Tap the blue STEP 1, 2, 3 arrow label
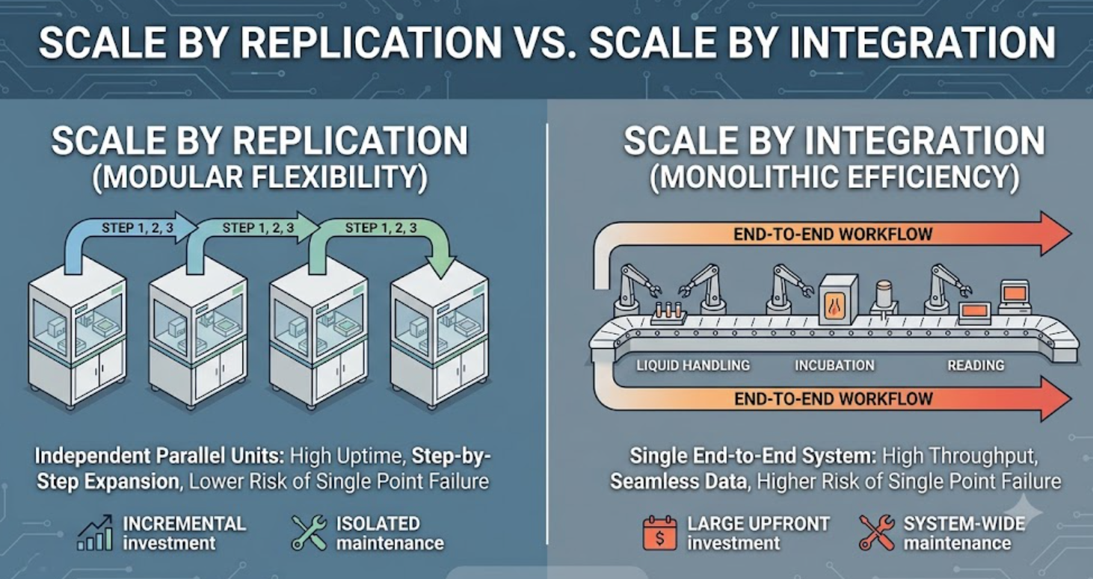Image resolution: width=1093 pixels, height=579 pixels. (137, 228)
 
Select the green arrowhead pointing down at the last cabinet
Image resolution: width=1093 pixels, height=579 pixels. (441, 267)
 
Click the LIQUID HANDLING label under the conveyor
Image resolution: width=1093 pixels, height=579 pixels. (693, 365)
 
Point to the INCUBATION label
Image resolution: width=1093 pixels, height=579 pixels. (834, 365)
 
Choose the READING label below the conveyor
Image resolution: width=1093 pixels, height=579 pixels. (976, 365)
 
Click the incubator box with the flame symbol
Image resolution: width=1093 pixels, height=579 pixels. (838, 300)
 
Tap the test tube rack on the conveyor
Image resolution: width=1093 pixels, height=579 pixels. (669, 313)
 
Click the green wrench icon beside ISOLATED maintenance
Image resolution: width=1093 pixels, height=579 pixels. (310, 533)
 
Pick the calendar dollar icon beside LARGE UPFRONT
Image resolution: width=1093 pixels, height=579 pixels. (659, 533)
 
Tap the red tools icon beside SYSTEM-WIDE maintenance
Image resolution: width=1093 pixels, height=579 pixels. (877, 533)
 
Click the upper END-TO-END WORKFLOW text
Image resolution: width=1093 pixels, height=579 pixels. (833, 234)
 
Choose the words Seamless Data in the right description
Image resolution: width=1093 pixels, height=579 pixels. (679, 482)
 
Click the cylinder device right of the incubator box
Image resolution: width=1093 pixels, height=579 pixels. (884, 297)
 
